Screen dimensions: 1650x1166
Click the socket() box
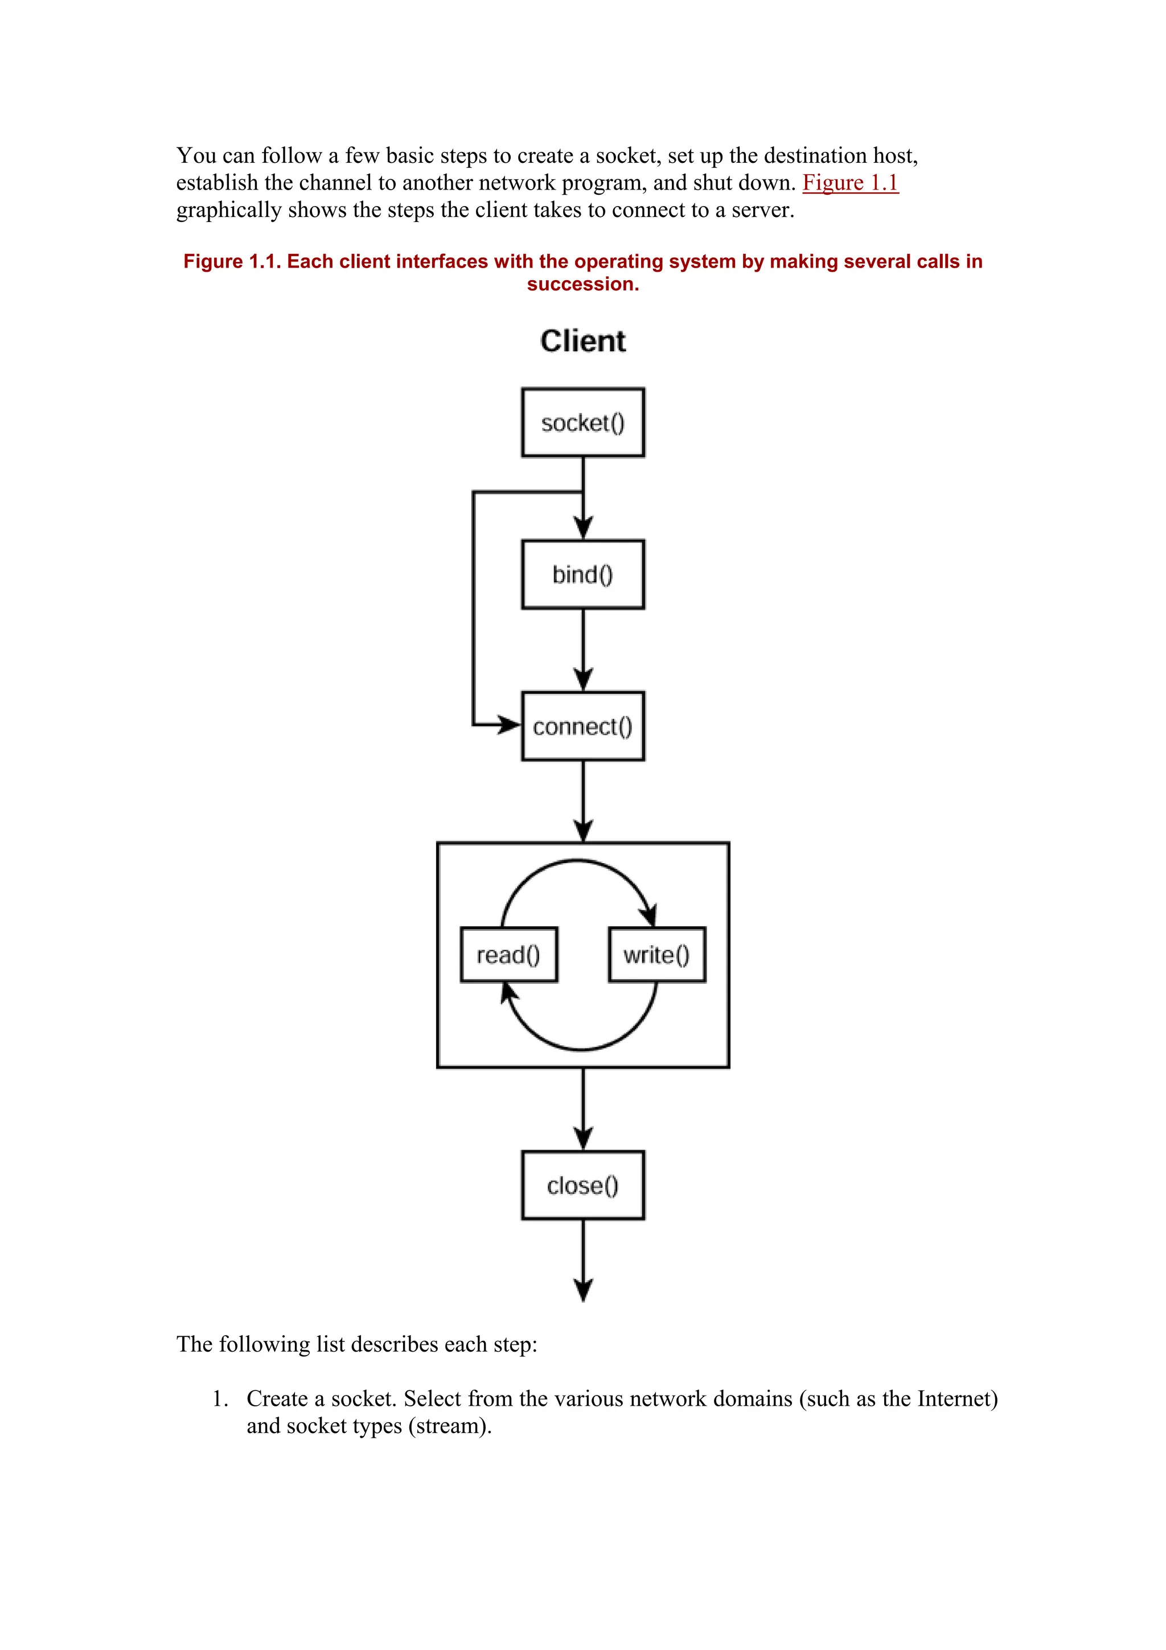coord(582,422)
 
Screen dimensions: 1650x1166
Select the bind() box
coord(582,574)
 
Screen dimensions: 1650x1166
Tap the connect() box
coord(582,726)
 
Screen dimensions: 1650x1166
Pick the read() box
coord(508,954)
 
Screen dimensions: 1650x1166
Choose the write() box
coord(656,954)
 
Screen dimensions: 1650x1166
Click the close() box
coord(582,1185)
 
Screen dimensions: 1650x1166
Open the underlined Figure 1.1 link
coord(850,183)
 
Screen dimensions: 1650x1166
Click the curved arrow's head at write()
coord(648,916)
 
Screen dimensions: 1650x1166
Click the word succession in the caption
coord(582,285)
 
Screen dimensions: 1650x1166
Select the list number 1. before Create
coord(220,1398)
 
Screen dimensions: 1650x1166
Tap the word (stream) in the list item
coord(450,1426)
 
